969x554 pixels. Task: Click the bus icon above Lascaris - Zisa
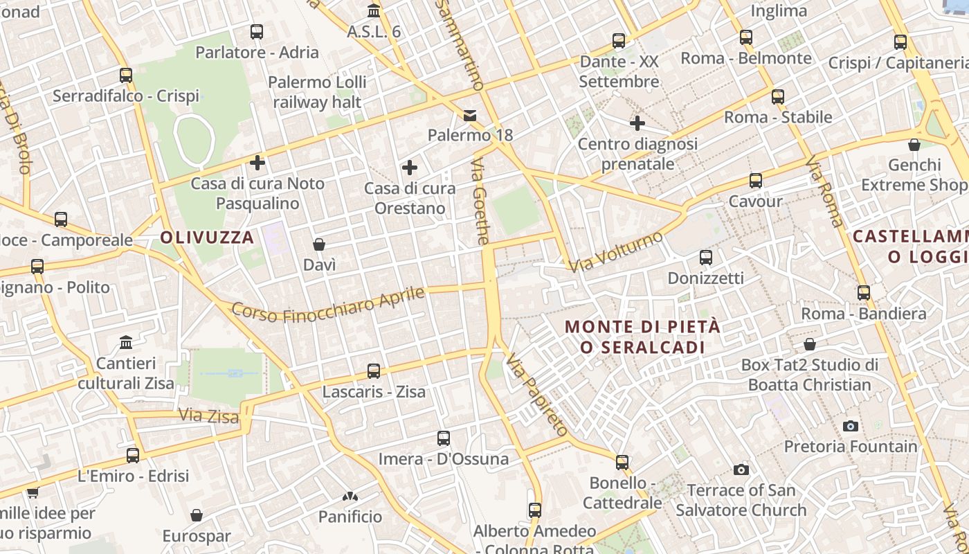[374, 371]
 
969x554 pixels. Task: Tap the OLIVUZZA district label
[207, 238]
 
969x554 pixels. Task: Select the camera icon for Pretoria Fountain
[851, 426]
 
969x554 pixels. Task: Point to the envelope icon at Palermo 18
[470, 115]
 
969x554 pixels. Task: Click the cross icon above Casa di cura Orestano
[410, 168]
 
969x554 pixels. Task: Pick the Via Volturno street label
[615, 251]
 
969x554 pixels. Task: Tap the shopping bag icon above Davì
[319, 244]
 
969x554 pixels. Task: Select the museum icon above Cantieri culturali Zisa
[126, 343]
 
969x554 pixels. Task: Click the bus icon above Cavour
[755, 181]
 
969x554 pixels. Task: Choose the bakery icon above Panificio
[350, 497]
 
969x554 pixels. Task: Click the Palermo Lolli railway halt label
[317, 92]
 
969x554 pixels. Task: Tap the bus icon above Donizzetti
[705, 258]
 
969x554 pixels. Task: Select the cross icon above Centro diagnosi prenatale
[637, 123]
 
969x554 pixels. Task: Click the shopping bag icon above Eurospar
[197, 515]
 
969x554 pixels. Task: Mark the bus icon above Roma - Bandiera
[863, 293]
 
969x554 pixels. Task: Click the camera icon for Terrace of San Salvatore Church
[741, 470]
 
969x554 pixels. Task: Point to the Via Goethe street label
[480, 202]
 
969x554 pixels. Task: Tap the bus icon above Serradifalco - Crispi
[125, 75]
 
